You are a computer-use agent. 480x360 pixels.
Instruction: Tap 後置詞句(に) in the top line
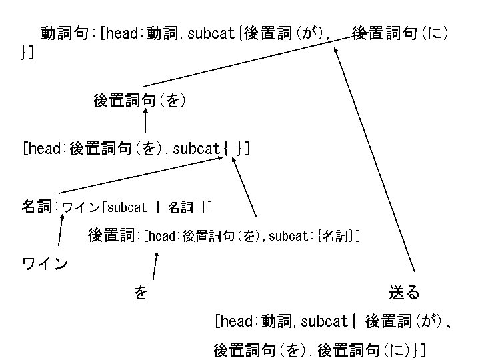pyautogui.click(x=399, y=33)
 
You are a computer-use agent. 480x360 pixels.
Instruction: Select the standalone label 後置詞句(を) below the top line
pyautogui.click(x=139, y=101)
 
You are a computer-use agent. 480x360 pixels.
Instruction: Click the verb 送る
pyautogui.click(x=404, y=292)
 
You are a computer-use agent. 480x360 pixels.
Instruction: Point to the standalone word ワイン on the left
pyautogui.click(x=45, y=264)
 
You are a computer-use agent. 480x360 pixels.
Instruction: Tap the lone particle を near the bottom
pyautogui.click(x=141, y=292)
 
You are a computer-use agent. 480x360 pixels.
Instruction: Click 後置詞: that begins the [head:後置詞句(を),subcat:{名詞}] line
pyautogui.click(x=113, y=235)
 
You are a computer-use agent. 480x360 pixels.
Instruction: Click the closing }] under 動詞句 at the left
pyautogui.click(x=29, y=51)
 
